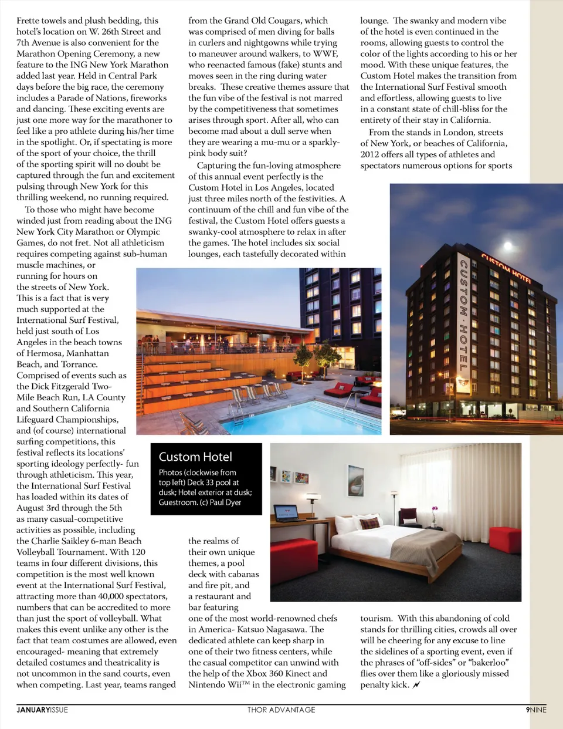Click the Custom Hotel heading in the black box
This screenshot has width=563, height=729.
coord(195,457)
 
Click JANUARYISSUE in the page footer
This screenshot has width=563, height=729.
coord(42,710)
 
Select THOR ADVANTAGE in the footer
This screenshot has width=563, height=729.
coord(281,710)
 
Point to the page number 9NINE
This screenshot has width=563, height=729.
coord(536,710)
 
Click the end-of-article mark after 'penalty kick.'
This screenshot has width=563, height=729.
coord(416,685)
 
